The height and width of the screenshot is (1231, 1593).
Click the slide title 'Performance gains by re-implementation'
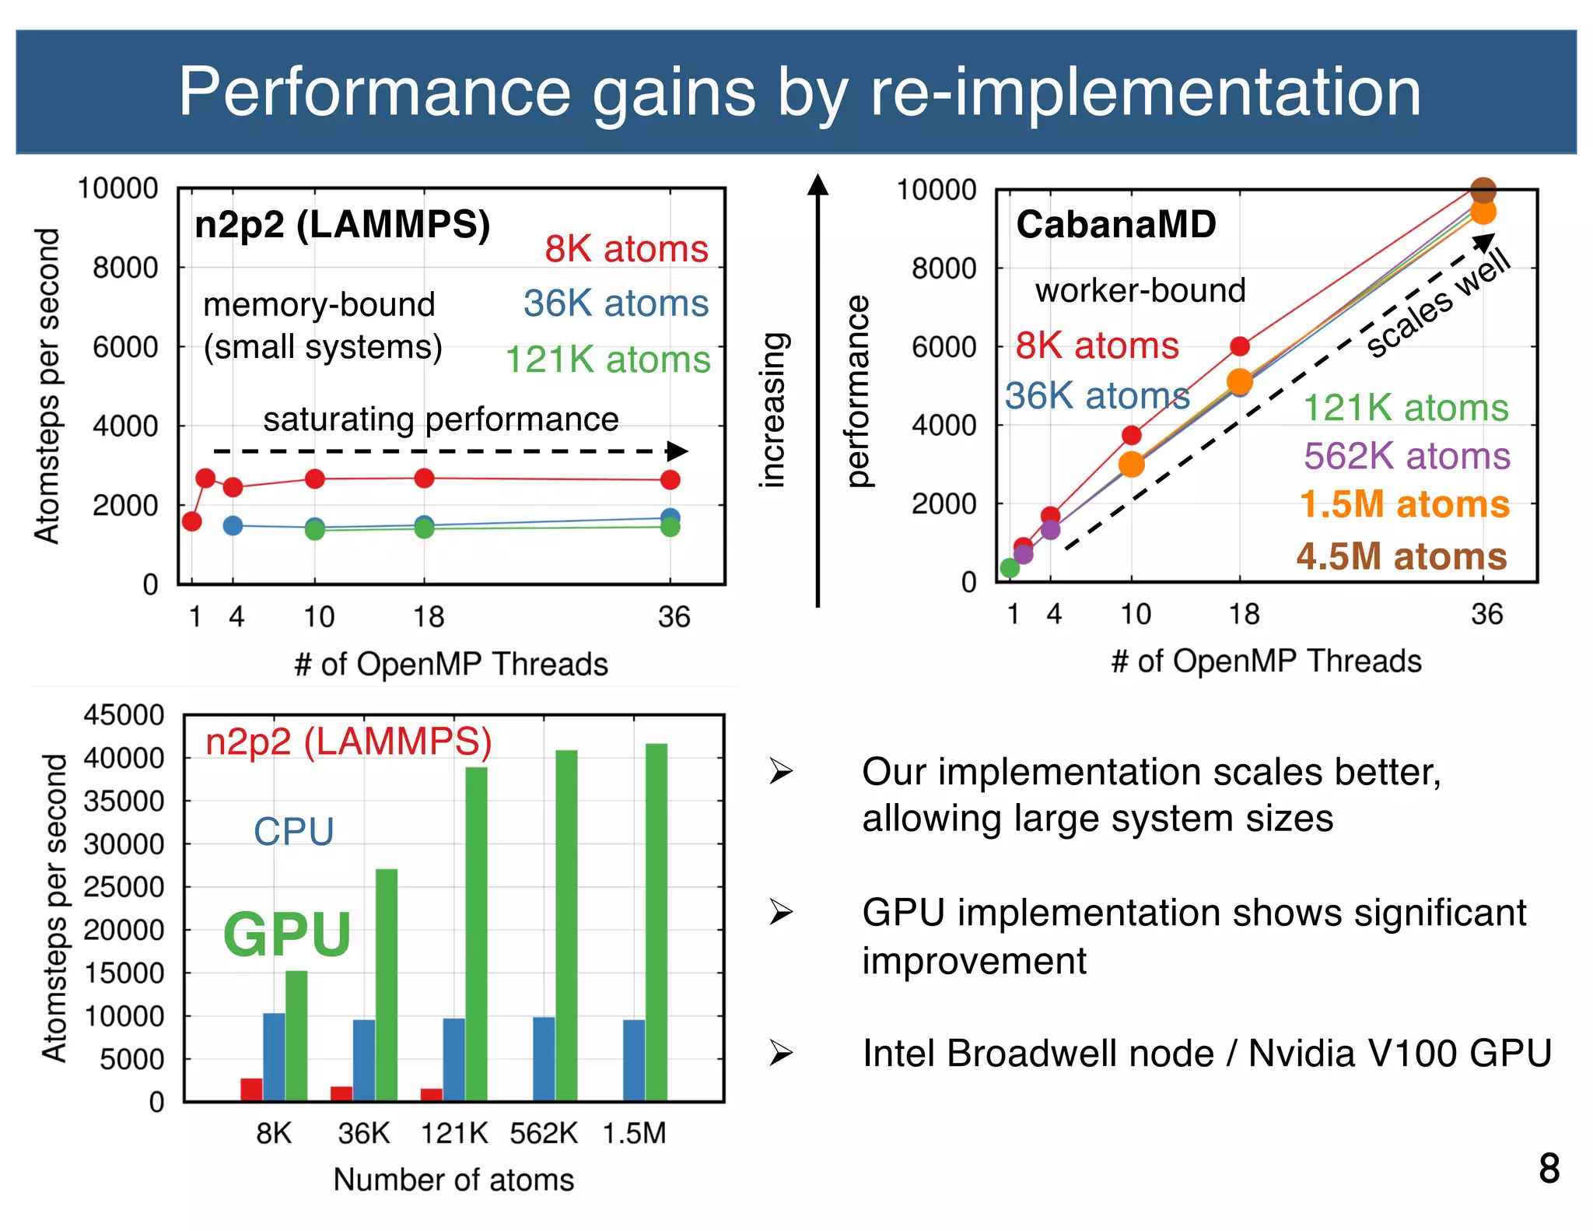(x=800, y=92)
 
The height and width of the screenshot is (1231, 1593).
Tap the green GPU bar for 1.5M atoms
(x=656, y=922)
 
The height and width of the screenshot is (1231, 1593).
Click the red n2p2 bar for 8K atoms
(x=251, y=1089)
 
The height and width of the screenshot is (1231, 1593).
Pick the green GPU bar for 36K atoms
(x=387, y=984)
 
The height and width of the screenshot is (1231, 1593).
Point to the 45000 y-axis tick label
(x=124, y=714)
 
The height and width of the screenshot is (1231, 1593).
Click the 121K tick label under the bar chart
(x=453, y=1133)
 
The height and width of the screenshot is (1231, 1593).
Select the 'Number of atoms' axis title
(x=453, y=1180)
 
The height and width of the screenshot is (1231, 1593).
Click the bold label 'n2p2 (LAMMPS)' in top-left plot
(x=342, y=225)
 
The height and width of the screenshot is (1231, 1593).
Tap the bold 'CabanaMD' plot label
(x=1115, y=225)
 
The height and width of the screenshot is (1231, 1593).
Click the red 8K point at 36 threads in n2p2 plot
(x=670, y=480)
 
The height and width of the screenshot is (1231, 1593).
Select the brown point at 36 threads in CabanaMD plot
(x=1483, y=189)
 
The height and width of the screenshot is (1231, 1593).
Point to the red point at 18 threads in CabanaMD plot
(x=1240, y=345)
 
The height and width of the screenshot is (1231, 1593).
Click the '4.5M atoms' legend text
(x=1402, y=556)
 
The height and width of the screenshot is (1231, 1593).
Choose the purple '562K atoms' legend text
(x=1406, y=456)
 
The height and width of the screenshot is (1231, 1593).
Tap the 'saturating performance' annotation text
(x=440, y=419)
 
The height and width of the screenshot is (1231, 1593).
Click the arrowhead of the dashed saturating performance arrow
(x=678, y=451)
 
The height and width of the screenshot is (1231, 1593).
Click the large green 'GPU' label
(x=287, y=935)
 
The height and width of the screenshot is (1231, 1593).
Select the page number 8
(x=1549, y=1169)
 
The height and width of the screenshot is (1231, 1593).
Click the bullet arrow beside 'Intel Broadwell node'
(x=781, y=1053)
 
